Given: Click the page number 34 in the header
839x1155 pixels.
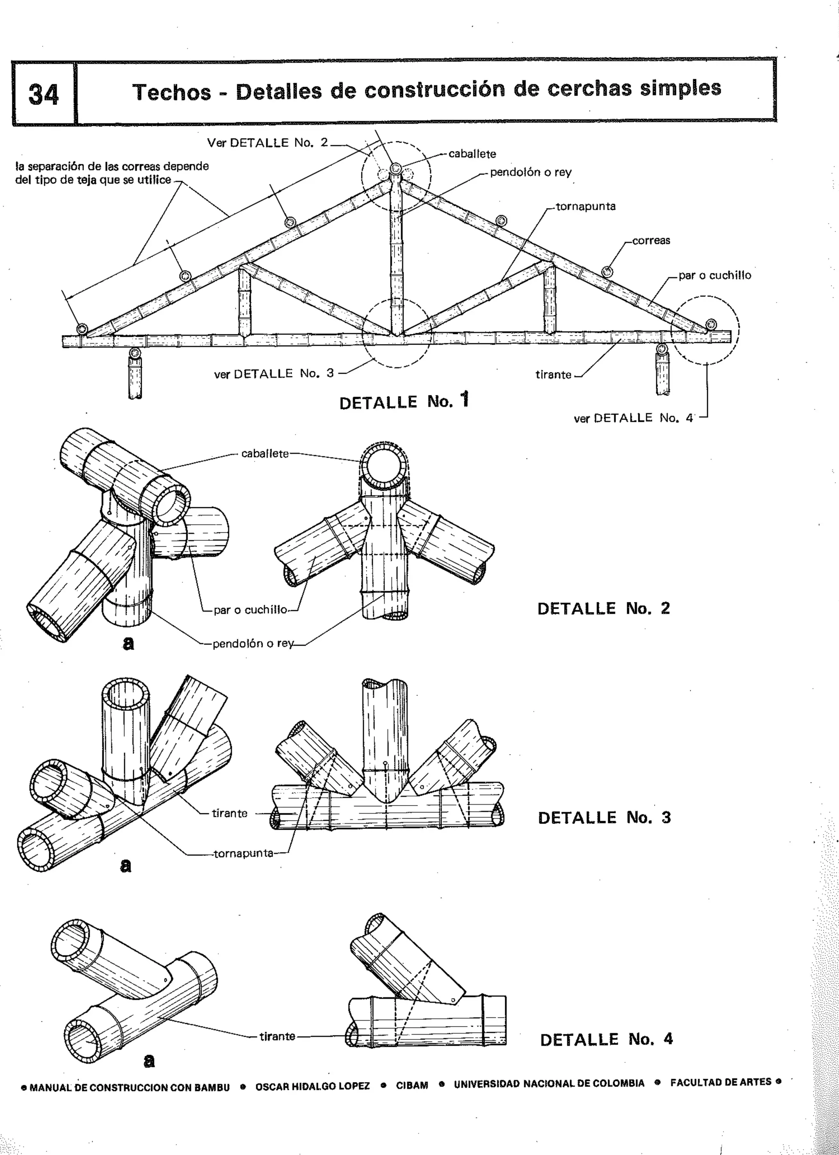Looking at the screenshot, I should point(43,95).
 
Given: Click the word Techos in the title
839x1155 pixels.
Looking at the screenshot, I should point(172,92).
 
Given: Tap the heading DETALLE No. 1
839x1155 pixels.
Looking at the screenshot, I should point(403,402).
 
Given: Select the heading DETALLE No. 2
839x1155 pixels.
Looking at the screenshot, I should point(603,608).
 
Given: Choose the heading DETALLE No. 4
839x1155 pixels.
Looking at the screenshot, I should point(606,1039).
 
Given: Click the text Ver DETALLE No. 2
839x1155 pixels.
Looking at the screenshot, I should point(268,143).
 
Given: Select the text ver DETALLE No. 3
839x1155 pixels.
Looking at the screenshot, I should point(274,374).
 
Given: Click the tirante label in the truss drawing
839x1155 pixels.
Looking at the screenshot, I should point(553,375).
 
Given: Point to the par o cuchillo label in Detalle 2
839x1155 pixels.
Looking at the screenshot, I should point(250,610).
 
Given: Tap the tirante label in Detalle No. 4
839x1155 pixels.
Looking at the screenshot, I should point(277,1036).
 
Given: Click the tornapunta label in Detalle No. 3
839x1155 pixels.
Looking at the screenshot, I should point(243,853).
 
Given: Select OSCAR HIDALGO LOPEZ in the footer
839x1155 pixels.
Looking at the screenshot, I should point(312,1086).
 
